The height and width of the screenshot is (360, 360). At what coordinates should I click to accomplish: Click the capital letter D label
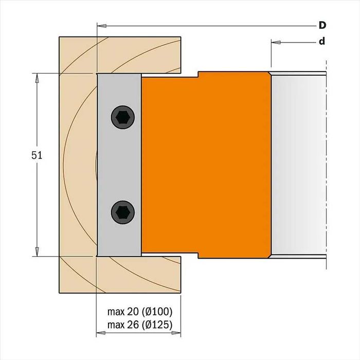[322, 25]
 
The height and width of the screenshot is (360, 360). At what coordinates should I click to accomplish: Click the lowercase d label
[322, 41]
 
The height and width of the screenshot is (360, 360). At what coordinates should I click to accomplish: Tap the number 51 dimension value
[37, 155]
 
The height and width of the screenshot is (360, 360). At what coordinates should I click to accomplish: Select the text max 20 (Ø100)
[140, 312]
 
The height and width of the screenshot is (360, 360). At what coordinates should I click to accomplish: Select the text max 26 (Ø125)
[140, 325]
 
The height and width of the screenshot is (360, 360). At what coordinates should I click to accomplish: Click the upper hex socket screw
[123, 117]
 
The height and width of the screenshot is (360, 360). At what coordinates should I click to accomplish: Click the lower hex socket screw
[123, 212]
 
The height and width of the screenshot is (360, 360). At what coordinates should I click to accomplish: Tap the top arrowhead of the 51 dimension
[37, 78]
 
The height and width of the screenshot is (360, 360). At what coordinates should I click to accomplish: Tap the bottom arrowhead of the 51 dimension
[37, 251]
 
